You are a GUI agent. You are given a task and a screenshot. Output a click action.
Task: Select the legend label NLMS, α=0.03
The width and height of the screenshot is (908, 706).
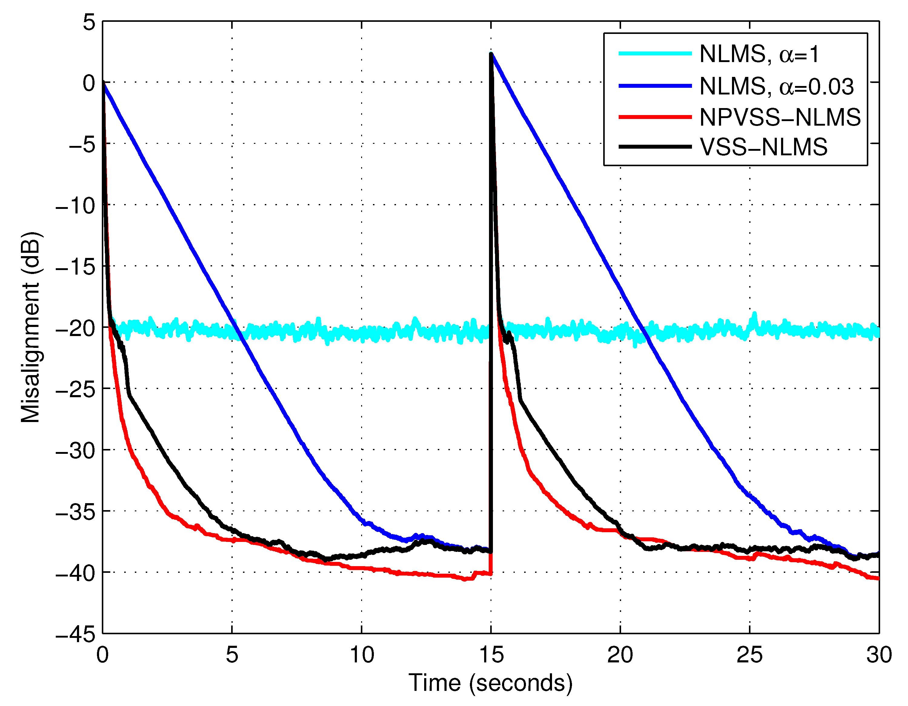(x=777, y=86)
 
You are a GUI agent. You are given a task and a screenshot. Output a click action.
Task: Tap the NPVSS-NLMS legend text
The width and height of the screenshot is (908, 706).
(x=780, y=117)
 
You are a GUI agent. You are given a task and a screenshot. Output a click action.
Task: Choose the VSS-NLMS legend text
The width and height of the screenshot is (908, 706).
(x=763, y=147)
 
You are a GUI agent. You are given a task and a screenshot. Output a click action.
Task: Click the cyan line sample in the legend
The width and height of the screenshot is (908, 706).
(x=655, y=54)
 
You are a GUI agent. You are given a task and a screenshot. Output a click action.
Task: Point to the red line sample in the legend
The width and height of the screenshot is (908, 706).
(x=655, y=117)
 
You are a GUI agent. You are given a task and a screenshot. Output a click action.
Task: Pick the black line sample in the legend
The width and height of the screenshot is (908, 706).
(x=655, y=147)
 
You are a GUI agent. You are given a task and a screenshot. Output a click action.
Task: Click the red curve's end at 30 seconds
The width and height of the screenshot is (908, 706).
(x=878, y=579)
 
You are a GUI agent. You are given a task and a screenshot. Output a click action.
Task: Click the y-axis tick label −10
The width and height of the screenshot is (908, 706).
(x=76, y=206)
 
